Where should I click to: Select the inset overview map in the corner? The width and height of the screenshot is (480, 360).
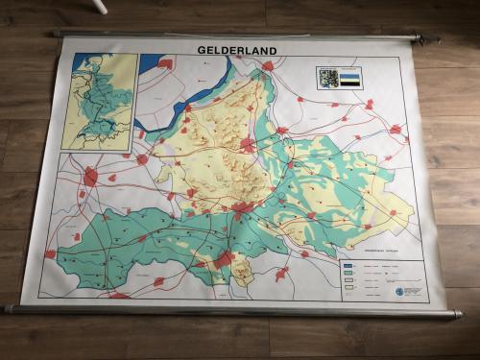[x=99, y=100]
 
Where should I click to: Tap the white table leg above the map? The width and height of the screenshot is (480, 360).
[x=101, y=5]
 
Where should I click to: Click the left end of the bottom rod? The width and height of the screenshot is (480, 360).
[x=7, y=309]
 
